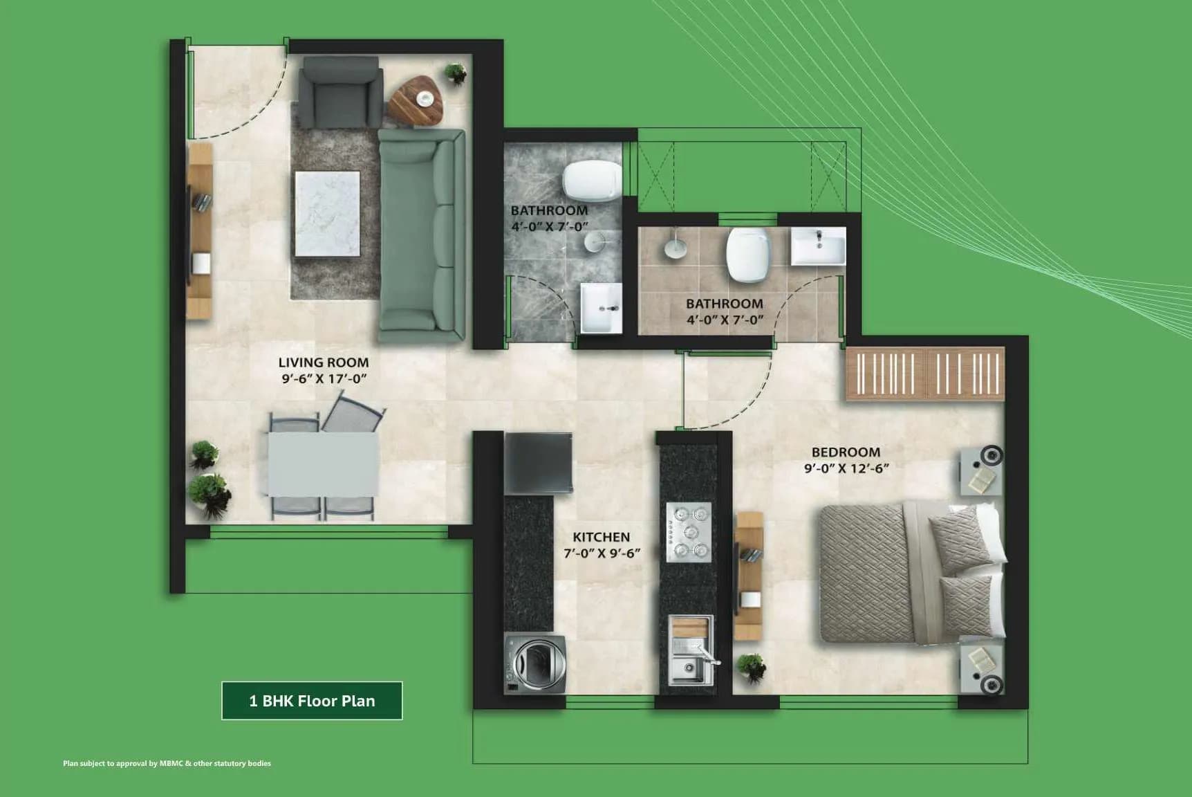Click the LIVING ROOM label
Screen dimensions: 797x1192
pyautogui.click(x=323, y=362)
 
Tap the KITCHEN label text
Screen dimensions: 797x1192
pyautogui.click(x=601, y=536)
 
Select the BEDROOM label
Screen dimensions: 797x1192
pyautogui.click(x=846, y=452)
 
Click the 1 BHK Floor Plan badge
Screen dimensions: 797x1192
pyautogui.click(x=312, y=701)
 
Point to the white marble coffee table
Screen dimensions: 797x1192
pyautogui.click(x=327, y=214)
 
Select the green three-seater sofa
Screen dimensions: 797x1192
pyautogui.click(x=421, y=235)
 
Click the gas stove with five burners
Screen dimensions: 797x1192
pyautogui.click(x=689, y=531)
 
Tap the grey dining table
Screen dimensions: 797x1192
pyautogui.click(x=322, y=464)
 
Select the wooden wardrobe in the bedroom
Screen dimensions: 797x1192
pyautogui.click(x=925, y=374)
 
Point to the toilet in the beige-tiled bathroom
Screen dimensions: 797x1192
pyautogui.click(x=748, y=255)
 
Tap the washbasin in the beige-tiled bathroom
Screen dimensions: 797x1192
pyautogui.click(x=818, y=246)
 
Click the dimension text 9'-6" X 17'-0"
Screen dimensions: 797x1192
pyautogui.click(x=323, y=378)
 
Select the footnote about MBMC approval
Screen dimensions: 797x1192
pyautogui.click(x=167, y=764)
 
